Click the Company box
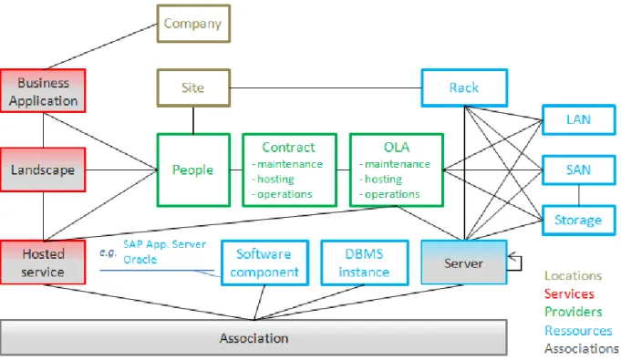click(193, 24)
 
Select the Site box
click(193, 87)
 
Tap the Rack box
click(464, 87)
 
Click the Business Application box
click(43, 91)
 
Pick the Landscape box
click(43, 170)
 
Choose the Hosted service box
click(43, 262)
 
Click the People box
click(193, 170)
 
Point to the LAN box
click(579, 119)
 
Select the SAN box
click(579, 170)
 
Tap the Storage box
click(579, 220)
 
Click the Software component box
click(264, 262)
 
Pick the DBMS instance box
click(365, 262)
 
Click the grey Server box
click(464, 262)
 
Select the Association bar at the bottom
click(254, 337)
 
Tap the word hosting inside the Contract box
click(275, 180)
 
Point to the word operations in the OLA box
click(392, 194)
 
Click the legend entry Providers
click(573, 312)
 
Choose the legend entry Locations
click(573, 275)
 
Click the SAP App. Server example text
click(164, 244)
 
